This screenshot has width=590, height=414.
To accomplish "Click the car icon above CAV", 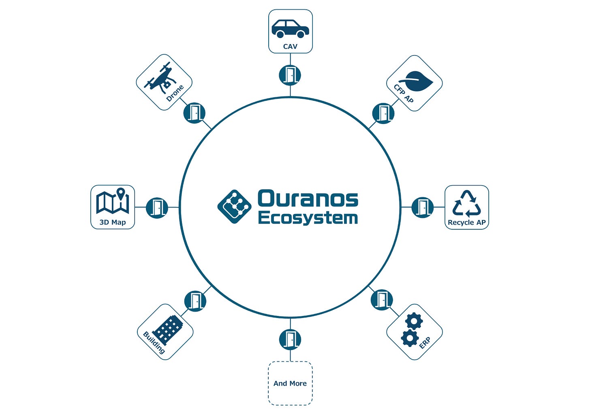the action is coord(290,29).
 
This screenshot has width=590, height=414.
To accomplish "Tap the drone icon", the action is coord(159,78).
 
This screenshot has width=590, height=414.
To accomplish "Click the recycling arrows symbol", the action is coord(467,203).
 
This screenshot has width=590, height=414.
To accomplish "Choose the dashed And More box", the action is coord(290,383).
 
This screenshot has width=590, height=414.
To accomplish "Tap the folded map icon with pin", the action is coord(113,201).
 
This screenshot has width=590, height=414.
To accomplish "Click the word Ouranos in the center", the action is coord(308,199).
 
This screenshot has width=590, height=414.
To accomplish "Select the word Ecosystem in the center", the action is coord(308,218).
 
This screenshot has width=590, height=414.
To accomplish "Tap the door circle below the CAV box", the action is coord(290,75).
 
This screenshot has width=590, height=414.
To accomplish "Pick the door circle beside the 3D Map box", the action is coord(157,208).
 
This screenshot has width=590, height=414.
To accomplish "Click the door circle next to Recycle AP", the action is coord(423,207).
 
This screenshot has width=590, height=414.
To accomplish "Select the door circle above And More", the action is coord(290,339).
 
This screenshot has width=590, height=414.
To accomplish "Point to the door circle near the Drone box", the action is coord(195,113).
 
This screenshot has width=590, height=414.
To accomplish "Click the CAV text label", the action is coord(290,47).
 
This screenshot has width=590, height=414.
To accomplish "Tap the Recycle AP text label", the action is coord(467,222).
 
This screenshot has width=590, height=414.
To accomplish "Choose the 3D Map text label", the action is coord(113,222).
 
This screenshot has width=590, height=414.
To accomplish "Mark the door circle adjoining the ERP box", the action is coord(382,300).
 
